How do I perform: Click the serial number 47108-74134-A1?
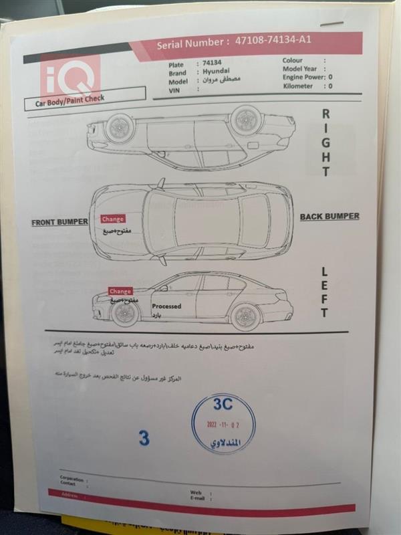[273, 41]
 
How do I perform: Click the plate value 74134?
[212, 64]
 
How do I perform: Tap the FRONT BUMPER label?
[60, 222]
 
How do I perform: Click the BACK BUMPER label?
[329, 217]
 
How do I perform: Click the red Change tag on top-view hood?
[112, 219]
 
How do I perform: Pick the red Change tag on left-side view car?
[120, 291]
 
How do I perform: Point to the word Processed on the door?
[166, 306]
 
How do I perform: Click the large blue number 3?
[144, 438]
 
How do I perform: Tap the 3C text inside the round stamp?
[223, 405]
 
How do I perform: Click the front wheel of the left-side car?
[111, 316]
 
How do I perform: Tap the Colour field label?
[293, 60]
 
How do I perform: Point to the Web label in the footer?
[196, 492]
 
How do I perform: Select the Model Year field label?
[299, 69]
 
